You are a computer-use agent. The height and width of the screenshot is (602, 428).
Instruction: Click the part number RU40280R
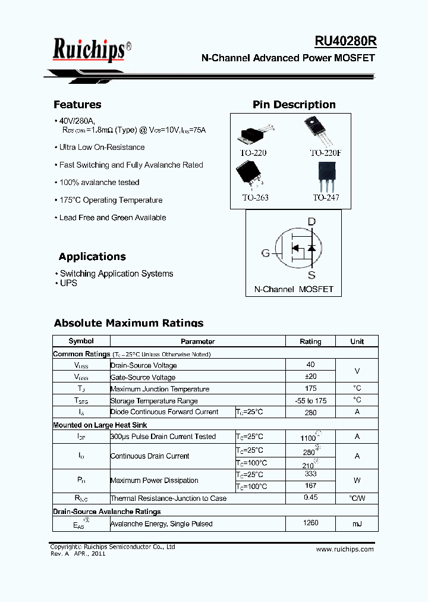[x=345, y=41]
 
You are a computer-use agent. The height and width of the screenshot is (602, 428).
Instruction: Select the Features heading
[x=77, y=105]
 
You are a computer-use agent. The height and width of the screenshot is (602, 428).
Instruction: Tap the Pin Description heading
[x=294, y=105]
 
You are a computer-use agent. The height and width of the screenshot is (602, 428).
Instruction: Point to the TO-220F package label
[x=326, y=153]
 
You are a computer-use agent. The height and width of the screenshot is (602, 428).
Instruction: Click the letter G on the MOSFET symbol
[x=266, y=253]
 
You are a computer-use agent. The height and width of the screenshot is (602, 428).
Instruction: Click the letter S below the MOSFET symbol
[x=311, y=275]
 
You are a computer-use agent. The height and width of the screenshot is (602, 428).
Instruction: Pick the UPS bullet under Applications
[x=68, y=283]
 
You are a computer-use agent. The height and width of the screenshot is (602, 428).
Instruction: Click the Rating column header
[x=310, y=341]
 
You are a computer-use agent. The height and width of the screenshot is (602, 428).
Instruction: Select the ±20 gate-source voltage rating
[x=310, y=377]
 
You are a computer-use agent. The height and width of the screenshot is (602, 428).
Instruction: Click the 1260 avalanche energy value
[x=310, y=523]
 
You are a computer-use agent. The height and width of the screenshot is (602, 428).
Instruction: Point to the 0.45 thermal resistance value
[x=310, y=497]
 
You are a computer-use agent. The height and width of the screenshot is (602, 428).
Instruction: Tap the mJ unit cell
[x=357, y=523]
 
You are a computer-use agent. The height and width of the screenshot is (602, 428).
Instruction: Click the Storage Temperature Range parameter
[x=154, y=401]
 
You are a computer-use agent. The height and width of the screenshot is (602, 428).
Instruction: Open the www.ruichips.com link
[x=345, y=549]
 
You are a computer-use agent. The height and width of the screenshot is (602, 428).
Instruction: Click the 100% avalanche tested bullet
[x=99, y=183]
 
